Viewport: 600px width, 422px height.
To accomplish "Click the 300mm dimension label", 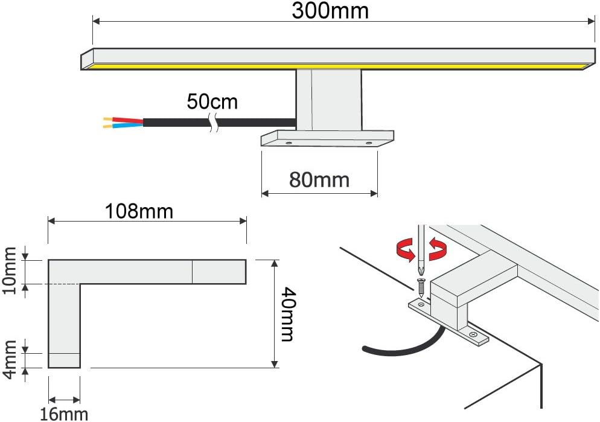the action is coord(330,10).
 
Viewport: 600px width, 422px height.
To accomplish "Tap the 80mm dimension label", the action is coord(319,180).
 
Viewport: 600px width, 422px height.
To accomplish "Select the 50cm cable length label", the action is coord(212,101).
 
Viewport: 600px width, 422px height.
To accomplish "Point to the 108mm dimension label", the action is coord(139,211).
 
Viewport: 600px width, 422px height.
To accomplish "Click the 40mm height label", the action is coord(288,314).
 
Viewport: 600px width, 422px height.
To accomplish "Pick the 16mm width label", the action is coord(64,414).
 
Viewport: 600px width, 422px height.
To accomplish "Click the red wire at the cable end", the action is coord(127,120).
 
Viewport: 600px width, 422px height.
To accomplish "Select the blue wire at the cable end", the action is coord(127,125).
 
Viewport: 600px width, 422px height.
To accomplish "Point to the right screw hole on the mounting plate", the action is coord(368,143).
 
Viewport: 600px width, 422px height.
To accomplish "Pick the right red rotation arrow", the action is coord(438,248).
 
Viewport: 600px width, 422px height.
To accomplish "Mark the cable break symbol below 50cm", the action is coord(214,123).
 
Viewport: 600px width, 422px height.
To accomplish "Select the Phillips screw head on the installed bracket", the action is coord(473,334).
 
